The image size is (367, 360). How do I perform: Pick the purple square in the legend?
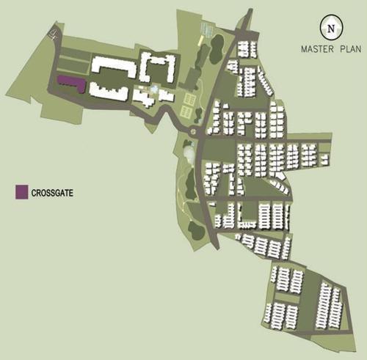click(21, 193)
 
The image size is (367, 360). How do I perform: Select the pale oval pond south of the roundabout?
click(189, 153)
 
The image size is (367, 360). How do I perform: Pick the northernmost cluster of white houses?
click(246, 50)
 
